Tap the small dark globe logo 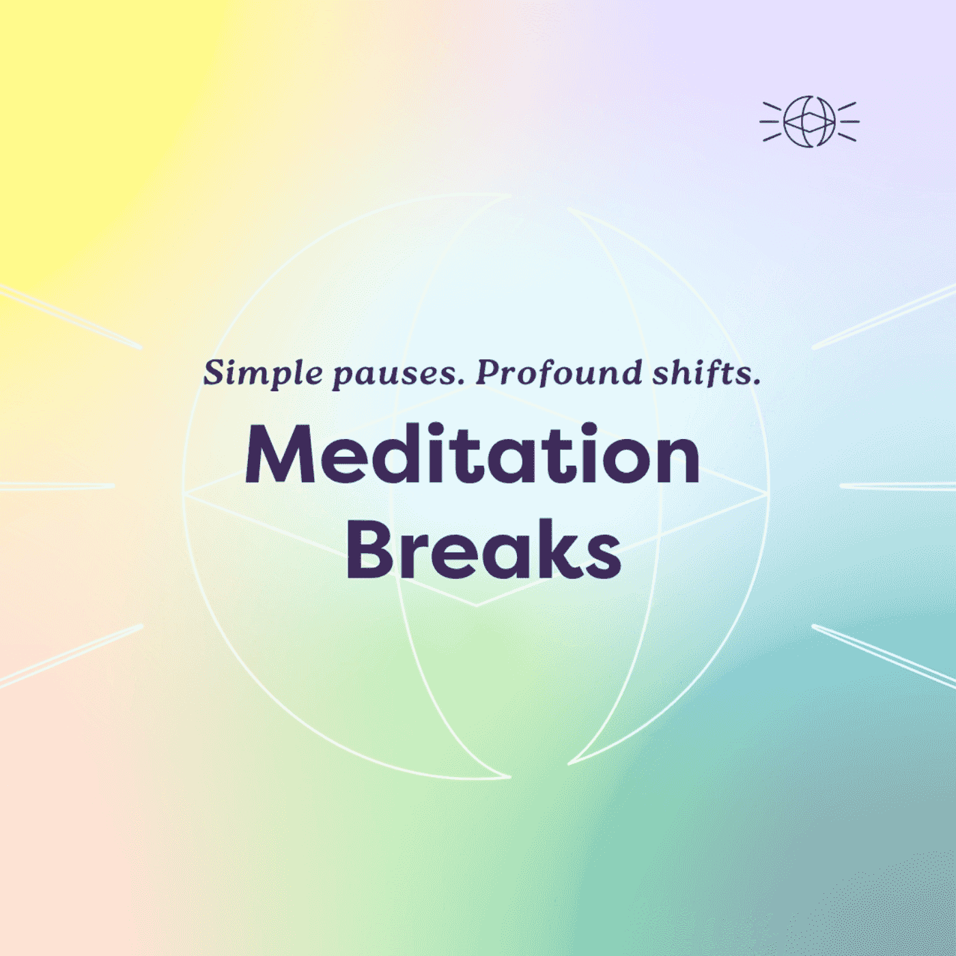pyautogui.click(x=810, y=122)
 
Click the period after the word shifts pyautogui.click(x=757, y=382)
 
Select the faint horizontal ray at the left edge pyautogui.click(x=57, y=486)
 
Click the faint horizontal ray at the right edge pyautogui.click(x=898, y=486)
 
